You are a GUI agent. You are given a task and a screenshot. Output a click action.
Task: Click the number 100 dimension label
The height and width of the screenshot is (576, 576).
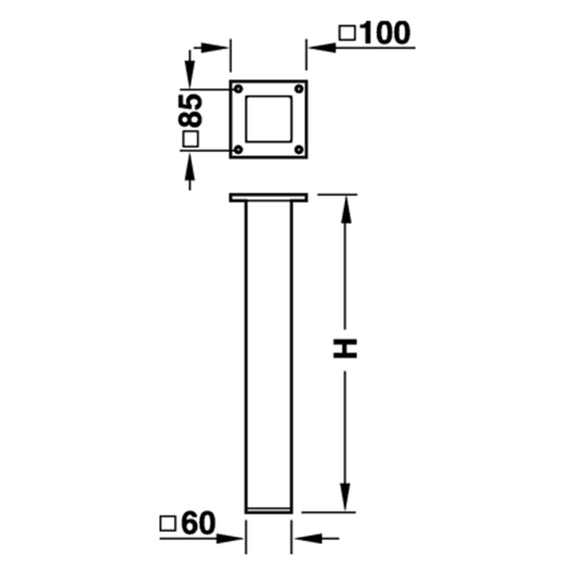pyautogui.click(x=386, y=33)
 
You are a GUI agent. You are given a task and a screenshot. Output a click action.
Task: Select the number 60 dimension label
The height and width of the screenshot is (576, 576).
pyautogui.click(x=198, y=523)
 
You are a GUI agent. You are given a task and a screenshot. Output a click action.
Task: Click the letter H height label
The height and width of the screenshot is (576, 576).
pyautogui.click(x=345, y=349)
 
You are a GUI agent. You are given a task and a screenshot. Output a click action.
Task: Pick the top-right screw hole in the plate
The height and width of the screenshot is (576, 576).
pyautogui.click(x=299, y=89)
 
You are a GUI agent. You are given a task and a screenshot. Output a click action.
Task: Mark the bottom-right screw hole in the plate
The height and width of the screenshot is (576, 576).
pyautogui.click(x=299, y=149)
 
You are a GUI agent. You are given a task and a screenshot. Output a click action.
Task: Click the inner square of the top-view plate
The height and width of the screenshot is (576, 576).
pyautogui.click(x=269, y=119)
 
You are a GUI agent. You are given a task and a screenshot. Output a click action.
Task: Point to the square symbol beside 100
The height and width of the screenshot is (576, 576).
pyautogui.click(x=347, y=33)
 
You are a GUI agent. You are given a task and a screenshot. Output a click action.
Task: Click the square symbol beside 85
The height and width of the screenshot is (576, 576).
pyautogui.click(x=191, y=140)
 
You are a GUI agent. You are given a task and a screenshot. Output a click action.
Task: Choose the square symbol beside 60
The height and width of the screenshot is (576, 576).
pyautogui.click(x=167, y=524)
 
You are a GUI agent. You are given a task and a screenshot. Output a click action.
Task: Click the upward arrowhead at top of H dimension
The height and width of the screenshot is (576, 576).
pyautogui.click(x=346, y=209)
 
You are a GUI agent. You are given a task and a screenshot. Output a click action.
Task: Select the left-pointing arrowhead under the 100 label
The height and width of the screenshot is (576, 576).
pyautogui.click(x=322, y=47)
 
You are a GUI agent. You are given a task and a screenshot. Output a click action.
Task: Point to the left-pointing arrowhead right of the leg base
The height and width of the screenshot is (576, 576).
pyautogui.click(x=308, y=538)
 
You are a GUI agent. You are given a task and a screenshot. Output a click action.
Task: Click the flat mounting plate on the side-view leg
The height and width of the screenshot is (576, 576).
pyautogui.click(x=269, y=198)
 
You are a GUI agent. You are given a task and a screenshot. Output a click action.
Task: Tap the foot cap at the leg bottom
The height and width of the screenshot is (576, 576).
pyautogui.click(x=269, y=510)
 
